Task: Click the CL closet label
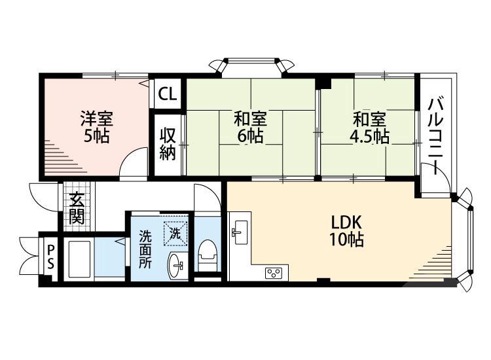pyautogui.click(x=167, y=94)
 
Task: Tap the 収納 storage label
pyautogui.click(x=168, y=144)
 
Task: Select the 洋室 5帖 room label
pyautogui.click(x=97, y=128)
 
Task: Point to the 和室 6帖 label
pyautogui.click(x=251, y=128)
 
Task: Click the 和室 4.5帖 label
pyautogui.click(x=369, y=128)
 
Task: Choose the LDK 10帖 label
pyautogui.click(x=346, y=231)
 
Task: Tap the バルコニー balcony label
pyautogui.click(x=436, y=136)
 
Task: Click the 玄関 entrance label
pyautogui.click(x=77, y=208)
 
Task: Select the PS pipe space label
pyautogui.click(x=50, y=257)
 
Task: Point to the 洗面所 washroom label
pyautogui.click(x=145, y=249)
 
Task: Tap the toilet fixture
pyautogui.click(x=207, y=256)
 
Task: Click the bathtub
pyautogui.click(x=79, y=259)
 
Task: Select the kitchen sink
pyautogui.click(x=240, y=232)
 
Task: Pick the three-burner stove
pyautogui.click(x=274, y=273)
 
